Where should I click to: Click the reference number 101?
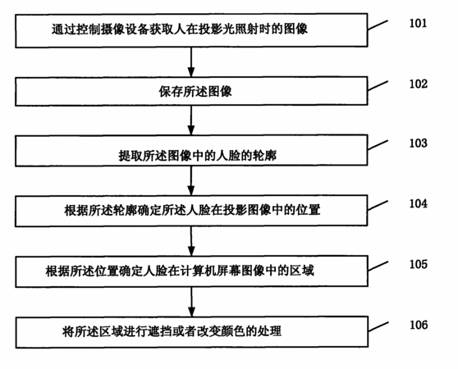418,23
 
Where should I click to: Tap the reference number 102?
419,84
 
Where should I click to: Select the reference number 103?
419,143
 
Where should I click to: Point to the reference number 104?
419,203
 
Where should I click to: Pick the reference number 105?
419,264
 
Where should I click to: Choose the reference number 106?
419,325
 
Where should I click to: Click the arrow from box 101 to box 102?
191,61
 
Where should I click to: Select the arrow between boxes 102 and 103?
191,121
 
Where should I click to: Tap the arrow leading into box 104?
191,181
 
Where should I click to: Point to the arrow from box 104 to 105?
191,241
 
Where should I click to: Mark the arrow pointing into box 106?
191,302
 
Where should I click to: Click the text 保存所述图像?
195,91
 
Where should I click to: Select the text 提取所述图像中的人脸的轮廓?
198,156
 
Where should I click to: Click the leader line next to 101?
378,25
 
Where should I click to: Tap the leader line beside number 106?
378,326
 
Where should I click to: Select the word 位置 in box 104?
309,210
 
